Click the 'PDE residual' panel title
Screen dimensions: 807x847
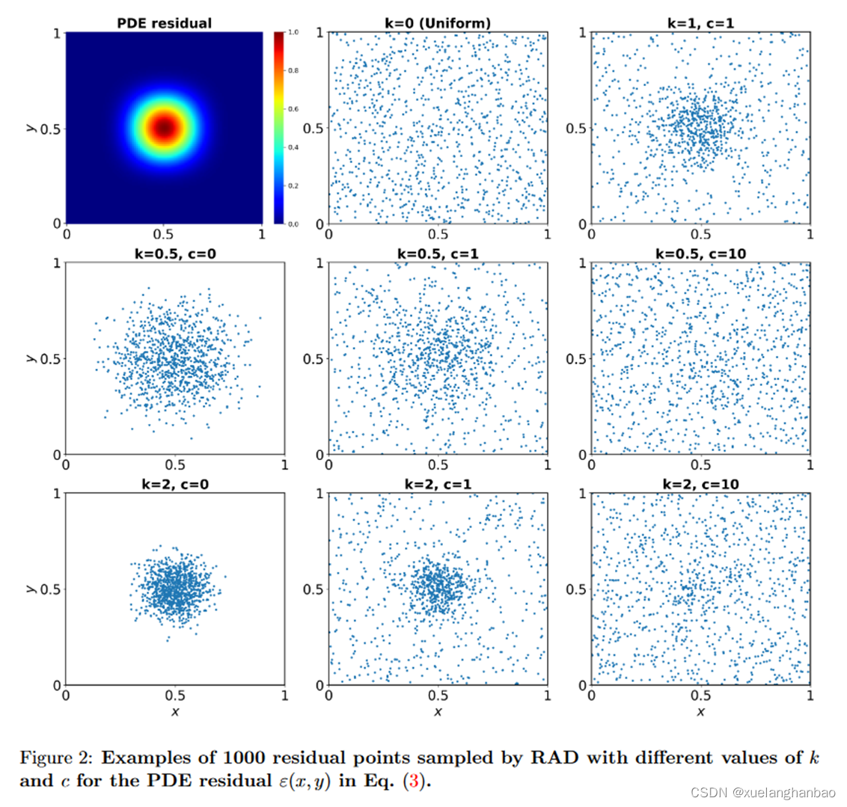[164, 23]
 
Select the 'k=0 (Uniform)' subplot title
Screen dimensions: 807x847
[438, 23]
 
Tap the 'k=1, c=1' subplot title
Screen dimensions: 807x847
[700, 23]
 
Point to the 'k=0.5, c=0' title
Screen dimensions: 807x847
[175, 254]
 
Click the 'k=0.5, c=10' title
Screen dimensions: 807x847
[700, 254]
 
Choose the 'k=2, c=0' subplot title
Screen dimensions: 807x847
[175, 485]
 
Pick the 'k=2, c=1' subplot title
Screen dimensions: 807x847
[438, 485]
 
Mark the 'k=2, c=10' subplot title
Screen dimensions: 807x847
[700, 485]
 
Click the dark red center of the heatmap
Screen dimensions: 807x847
[164, 128]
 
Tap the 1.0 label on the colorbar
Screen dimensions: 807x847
[293, 33]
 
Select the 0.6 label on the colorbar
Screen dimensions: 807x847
[293, 109]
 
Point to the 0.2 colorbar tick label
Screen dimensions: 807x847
[293, 185]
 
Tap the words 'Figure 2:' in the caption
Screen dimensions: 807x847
[49, 758]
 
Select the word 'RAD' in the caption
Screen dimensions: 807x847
[556, 758]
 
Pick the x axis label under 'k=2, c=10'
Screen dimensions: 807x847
[700, 711]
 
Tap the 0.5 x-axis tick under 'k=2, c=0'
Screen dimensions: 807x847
[175, 695]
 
